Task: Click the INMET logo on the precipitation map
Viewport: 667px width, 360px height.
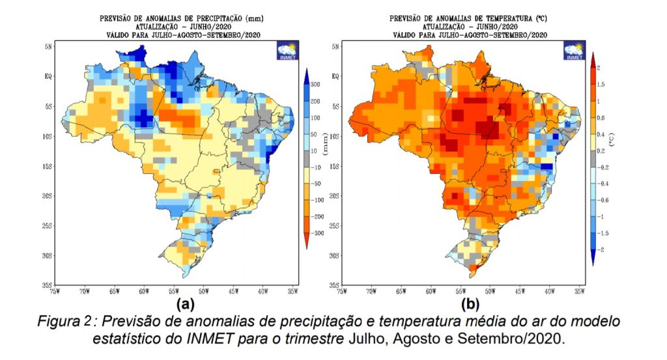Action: pyautogui.click(x=287, y=51)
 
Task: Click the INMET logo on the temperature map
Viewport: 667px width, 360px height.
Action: pyautogui.click(x=575, y=51)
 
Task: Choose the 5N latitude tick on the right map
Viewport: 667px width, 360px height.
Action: pyautogui.click(x=335, y=46)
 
